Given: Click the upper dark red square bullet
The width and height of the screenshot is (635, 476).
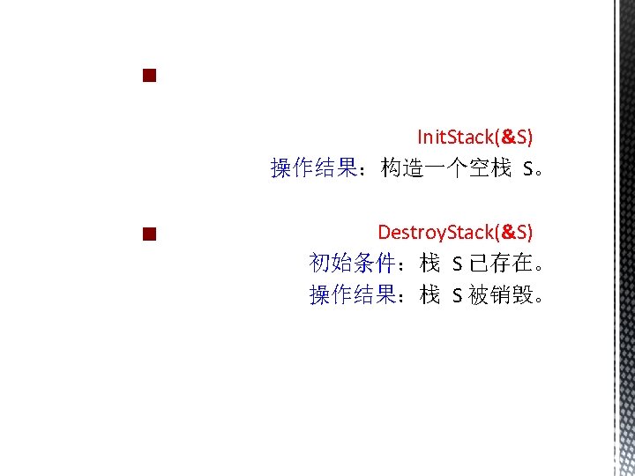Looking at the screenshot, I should (148, 76).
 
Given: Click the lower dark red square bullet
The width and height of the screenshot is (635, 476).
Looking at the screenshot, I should (148, 234).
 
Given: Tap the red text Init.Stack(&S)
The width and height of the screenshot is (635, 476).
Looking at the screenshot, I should (474, 137).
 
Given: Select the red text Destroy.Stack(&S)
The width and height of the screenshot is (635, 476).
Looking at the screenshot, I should (454, 232).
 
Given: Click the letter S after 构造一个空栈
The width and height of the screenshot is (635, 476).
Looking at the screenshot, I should (527, 168).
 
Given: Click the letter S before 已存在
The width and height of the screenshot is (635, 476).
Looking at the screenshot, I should (457, 264).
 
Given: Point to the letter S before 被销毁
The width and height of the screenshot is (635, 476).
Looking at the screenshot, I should (457, 296).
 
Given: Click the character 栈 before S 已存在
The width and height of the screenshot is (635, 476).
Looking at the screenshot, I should (430, 263).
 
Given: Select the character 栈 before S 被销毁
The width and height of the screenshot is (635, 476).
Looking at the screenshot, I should (430, 295).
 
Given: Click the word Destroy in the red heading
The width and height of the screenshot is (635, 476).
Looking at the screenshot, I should (409, 232).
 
